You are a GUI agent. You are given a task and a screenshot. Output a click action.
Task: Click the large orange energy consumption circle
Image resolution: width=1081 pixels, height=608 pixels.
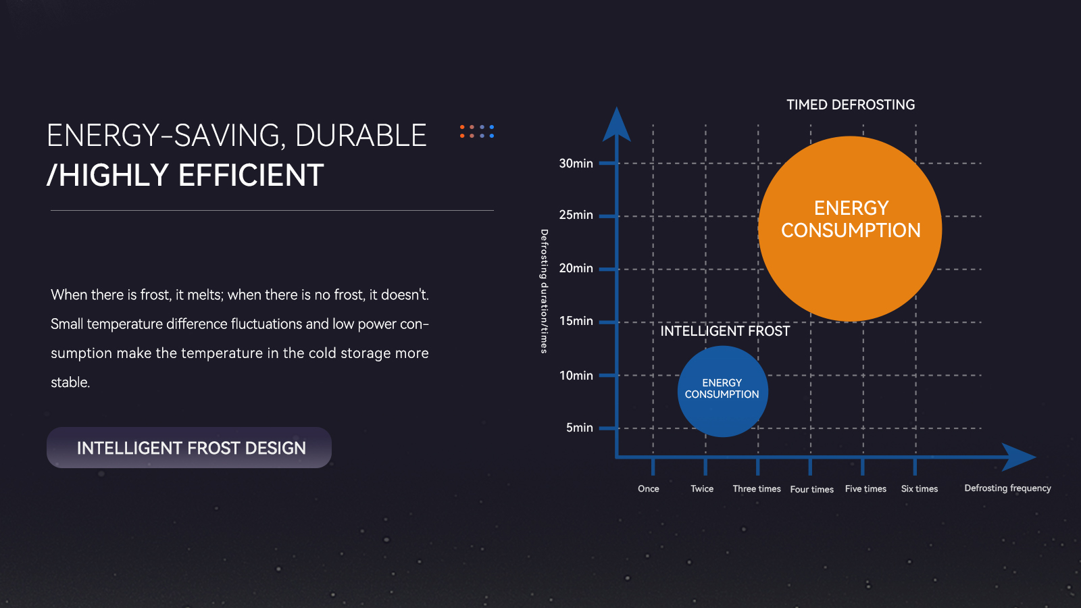pos(850,229)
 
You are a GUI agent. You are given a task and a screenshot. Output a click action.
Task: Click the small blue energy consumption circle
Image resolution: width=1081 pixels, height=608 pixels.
pos(722,391)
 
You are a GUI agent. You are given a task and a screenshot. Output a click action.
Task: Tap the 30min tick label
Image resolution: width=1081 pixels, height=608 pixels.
pos(576,163)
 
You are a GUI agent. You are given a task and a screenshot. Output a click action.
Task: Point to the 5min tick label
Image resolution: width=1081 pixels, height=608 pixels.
pos(579,428)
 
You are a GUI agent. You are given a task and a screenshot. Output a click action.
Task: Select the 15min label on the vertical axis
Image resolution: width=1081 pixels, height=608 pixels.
pos(576,321)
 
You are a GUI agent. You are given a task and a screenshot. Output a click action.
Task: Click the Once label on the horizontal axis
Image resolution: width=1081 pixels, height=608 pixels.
pos(648,489)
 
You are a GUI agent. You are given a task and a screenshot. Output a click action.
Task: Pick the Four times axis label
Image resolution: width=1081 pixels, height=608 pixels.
pos(811,489)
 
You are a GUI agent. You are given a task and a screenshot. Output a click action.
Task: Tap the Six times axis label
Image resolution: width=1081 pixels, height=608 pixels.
pos(920,489)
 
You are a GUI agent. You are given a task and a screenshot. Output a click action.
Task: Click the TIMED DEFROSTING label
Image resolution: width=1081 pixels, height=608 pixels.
pos(851,105)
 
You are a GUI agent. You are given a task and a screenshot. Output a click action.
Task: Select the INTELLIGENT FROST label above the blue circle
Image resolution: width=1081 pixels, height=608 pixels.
pos(725,331)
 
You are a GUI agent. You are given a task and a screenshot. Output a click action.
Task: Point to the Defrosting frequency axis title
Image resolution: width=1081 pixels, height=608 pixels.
pos(1007,488)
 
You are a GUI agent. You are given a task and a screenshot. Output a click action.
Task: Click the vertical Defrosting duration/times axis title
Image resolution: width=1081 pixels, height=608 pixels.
pos(544,291)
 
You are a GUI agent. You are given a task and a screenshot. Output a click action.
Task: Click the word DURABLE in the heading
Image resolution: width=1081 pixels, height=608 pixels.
pos(361,135)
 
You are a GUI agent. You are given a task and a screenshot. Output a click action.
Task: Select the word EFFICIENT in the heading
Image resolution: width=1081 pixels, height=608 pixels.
pos(251,175)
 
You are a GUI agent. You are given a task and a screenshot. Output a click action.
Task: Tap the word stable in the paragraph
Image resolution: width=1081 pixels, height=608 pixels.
pos(70,382)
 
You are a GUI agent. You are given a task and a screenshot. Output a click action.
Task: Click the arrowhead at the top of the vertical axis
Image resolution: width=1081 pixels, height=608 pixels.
pos(617,124)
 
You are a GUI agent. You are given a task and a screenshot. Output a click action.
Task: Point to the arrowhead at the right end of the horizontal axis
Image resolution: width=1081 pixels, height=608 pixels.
pos(1018,457)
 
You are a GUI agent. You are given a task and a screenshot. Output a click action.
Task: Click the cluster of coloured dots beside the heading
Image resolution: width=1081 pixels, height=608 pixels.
pos(477,131)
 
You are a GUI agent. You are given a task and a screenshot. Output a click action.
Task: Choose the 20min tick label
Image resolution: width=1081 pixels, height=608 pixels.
pos(576,268)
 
